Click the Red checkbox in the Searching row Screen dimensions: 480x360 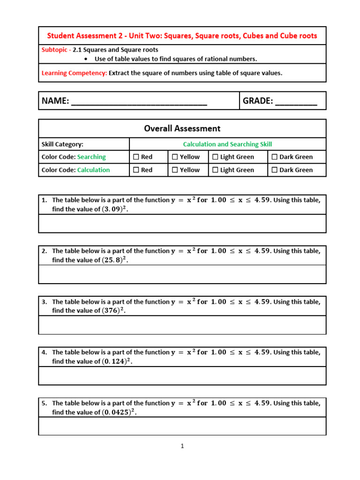tap(136, 157)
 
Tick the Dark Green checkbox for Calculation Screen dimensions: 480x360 tap(275, 170)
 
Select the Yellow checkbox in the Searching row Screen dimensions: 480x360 tap(175, 157)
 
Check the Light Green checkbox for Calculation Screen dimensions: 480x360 tap(215, 170)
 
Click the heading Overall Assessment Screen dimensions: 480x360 tap(182, 128)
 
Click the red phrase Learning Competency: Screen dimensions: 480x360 tap(74, 73)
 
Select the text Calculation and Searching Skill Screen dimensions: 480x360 tap(227, 144)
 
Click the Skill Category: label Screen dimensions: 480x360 tap(62, 144)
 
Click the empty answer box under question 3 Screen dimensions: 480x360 tap(182, 324)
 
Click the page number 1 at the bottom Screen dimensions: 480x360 tap(182, 446)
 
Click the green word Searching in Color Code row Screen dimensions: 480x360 tap(91, 157)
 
